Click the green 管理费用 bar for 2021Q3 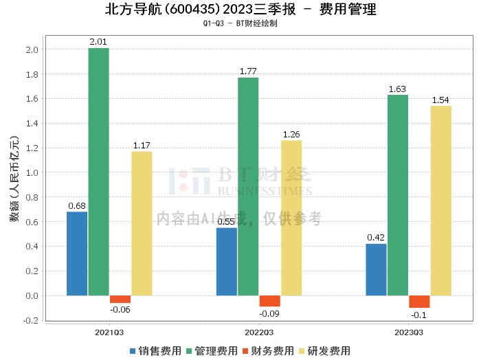pyautogui.click(x=98, y=172)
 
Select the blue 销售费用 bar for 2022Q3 pyautogui.click(x=226, y=262)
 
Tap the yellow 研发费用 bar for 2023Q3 pyautogui.click(x=441, y=201)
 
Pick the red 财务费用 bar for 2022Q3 pyautogui.click(x=269, y=301)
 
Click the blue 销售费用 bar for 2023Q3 pyautogui.click(x=376, y=270)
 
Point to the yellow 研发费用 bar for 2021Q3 pyautogui.click(x=142, y=223)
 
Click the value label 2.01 pyautogui.click(x=98, y=42)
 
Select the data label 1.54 pyautogui.click(x=440, y=100)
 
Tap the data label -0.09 pyautogui.click(x=269, y=314)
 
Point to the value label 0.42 pyautogui.click(x=376, y=237)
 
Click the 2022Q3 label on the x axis pyautogui.click(x=259, y=333)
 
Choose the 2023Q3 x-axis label pyautogui.click(x=409, y=333)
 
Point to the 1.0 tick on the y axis pyautogui.click(x=32, y=172)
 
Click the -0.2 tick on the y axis pyautogui.click(x=31, y=320)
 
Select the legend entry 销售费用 pyautogui.click(x=155, y=351)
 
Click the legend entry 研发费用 pyautogui.click(x=324, y=351)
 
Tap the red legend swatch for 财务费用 pyautogui.click(x=245, y=351)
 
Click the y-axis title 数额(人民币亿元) pyautogui.click(x=14, y=179)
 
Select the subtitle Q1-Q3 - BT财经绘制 pyautogui.click(x=240, y=23)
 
